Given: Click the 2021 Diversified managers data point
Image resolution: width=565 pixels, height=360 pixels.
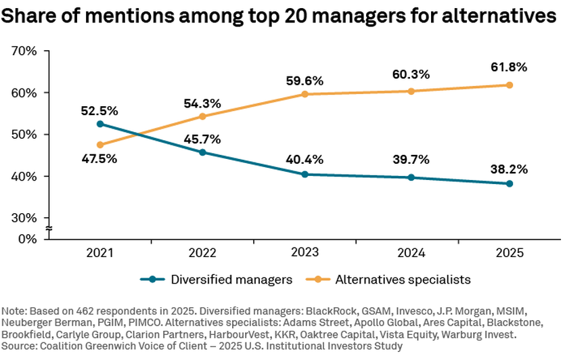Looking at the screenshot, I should [100, 124].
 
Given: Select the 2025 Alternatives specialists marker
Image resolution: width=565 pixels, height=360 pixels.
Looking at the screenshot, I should [510, 85].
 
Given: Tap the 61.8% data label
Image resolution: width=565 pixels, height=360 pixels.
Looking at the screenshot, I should [510, 67].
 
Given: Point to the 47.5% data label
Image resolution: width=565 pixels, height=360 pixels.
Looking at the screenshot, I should [100, 160].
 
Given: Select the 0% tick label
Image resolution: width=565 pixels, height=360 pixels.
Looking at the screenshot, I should [27, 238].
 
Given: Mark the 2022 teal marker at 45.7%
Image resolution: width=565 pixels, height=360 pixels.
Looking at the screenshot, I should [202, 152].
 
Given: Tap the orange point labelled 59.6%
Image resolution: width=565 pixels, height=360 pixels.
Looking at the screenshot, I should [304, 94].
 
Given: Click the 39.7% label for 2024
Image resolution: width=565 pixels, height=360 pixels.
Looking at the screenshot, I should [407, 159].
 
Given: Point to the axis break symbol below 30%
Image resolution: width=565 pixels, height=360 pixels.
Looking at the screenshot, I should [49, 229].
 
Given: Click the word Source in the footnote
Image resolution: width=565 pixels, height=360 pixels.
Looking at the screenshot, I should [18, 346].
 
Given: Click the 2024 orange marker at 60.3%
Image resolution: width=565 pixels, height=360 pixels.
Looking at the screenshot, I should [407, 91].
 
